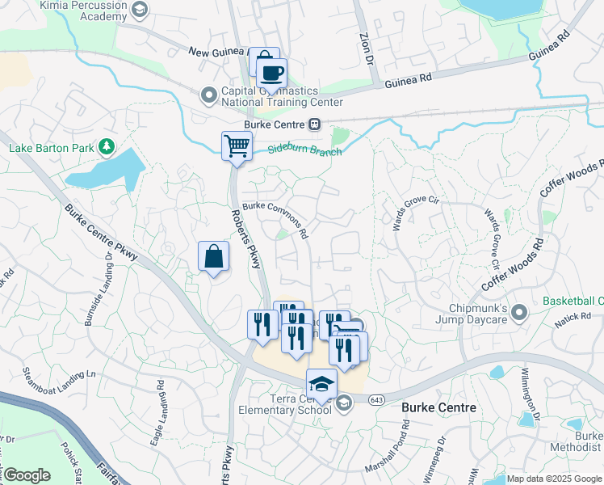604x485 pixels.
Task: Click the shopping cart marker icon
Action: (x=237, y=146)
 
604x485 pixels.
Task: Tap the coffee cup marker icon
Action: (x=271, y=74)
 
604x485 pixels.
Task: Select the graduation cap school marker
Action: (x=321, y=383)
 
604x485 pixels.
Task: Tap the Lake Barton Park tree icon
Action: (x=105, y=147)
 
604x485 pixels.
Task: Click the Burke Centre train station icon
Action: (x=314, y=124)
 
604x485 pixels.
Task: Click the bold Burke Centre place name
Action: (x=438, y=408)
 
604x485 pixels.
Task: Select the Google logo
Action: (x=27, y=475)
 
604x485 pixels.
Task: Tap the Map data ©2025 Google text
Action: (x=553, y=479)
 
